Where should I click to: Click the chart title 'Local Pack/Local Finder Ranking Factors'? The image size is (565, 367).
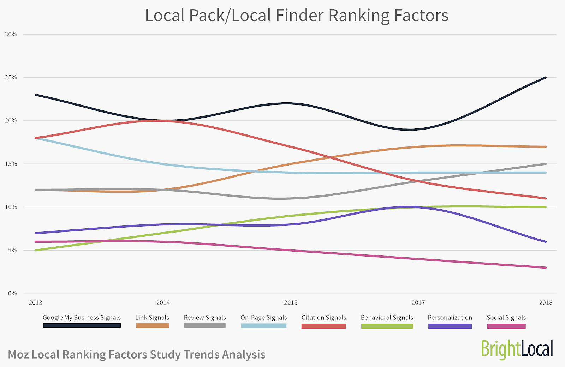pyautogui.click(x=297, y=16)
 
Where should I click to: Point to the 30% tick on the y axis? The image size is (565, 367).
pyautogui.click(x=11, y=34)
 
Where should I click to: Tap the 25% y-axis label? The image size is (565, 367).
pyautogui.click(x=11, y=78)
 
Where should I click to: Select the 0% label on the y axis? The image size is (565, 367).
pyautogui.click(x=12, y=294)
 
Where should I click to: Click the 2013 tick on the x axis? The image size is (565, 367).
pyautogui.click(x=35, y=303)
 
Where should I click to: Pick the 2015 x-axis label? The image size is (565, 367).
pyautogui.click(x=291, y=303)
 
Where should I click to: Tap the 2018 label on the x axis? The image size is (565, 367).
pyautogui.click(x=546, y=303)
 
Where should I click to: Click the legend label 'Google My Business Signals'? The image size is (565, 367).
pyautogui.click(x=82, y=318)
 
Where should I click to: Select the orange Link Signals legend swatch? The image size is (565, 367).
pyautogui.click(x=152, y=326)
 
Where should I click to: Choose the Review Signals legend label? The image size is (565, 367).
pyautogui.click(x=205, y=318)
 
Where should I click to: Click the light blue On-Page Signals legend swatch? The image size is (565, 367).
pyautogui.click(x=263, y=326)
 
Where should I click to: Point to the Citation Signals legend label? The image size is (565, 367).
pyautogui.click(x=324, y=318)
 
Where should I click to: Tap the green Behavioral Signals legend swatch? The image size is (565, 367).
pyautogui.click(x=387, y=326)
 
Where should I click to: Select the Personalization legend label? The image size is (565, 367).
pyautogui.click(x=450, y=318)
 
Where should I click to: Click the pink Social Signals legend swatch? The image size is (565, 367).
pyautogui.click(x=506, y=326)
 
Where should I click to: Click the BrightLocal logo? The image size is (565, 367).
pyautogui.click(x=517, y=349)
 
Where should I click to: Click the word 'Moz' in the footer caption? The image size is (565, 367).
pyautogui.click(x=19, y=355)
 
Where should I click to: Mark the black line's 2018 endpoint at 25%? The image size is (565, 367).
pyautogui.click(x=546, y=77)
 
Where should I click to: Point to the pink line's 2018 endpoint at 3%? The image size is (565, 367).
pyautogui.click(x=546, y=267)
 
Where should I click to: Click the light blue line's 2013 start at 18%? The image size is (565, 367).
pyautogui.click(x=36, y=138)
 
